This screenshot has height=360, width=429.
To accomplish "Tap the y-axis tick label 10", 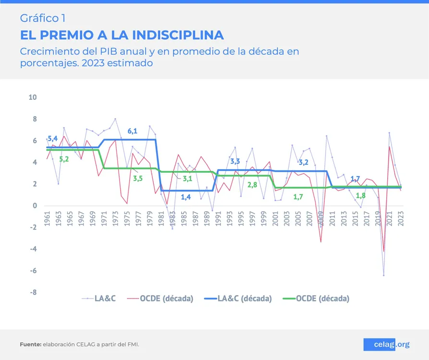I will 33,97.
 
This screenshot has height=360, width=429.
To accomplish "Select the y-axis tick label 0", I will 35,205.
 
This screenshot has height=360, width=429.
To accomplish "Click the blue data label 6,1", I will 133,131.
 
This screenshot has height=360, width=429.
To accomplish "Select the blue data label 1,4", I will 186,196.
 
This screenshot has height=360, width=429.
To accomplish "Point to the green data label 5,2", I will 64,159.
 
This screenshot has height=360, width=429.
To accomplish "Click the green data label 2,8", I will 252,184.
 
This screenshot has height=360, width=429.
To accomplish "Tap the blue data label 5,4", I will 52,139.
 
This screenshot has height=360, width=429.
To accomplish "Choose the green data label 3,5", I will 138,179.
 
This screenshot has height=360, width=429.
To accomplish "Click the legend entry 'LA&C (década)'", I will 245,299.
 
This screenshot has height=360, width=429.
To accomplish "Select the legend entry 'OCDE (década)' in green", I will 322,299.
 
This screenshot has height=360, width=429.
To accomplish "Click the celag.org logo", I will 386,344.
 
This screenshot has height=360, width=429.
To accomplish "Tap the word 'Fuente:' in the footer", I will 30,345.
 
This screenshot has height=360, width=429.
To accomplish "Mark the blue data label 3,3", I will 235,161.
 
